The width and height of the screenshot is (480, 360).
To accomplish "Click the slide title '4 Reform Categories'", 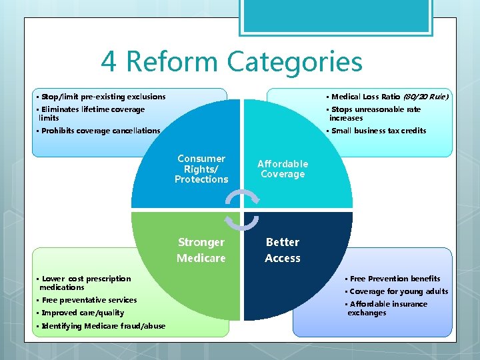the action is [232, 62].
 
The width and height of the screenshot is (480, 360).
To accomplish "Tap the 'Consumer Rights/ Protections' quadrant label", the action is [201, 169].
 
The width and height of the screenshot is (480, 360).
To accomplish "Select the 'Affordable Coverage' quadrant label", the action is [283, 169].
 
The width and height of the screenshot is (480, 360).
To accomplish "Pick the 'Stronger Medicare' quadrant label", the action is [201, 250].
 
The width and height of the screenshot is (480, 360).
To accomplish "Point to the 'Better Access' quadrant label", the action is [283, 250].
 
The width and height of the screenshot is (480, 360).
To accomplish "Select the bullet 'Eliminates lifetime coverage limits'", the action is [92, 113].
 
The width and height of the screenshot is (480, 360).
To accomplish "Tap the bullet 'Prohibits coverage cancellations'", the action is [101, 131].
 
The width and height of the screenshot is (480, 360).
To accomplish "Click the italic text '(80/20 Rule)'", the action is [425, 97].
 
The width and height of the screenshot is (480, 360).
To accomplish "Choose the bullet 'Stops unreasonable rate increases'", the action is [376, 113].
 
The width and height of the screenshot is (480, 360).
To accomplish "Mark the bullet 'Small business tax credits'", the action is [378, 131].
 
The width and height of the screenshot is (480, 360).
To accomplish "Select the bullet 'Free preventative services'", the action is [89, 300].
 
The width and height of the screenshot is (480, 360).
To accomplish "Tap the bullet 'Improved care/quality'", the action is [83, 313].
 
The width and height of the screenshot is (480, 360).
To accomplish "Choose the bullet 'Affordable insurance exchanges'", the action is [387, 308].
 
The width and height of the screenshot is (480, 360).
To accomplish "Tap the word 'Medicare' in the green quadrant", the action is [201, 258].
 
